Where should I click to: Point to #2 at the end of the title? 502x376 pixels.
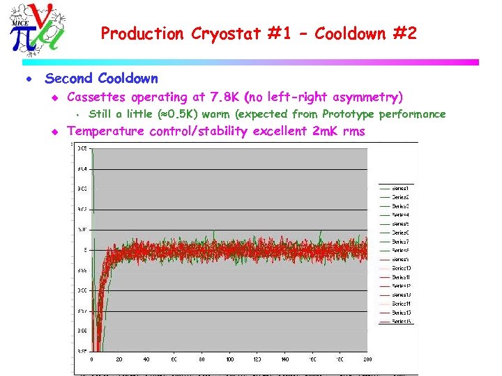[404, 33]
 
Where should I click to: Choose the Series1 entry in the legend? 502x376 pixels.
[400, 188]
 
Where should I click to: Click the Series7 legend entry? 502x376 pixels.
[400, 242]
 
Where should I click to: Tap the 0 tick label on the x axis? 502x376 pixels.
[92, 360]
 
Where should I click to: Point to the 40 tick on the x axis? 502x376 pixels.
[146, 360]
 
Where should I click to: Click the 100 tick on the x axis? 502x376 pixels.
[229, 360]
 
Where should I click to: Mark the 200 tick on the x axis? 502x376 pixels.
[367, 360]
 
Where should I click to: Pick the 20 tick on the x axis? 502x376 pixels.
[119, 360]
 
